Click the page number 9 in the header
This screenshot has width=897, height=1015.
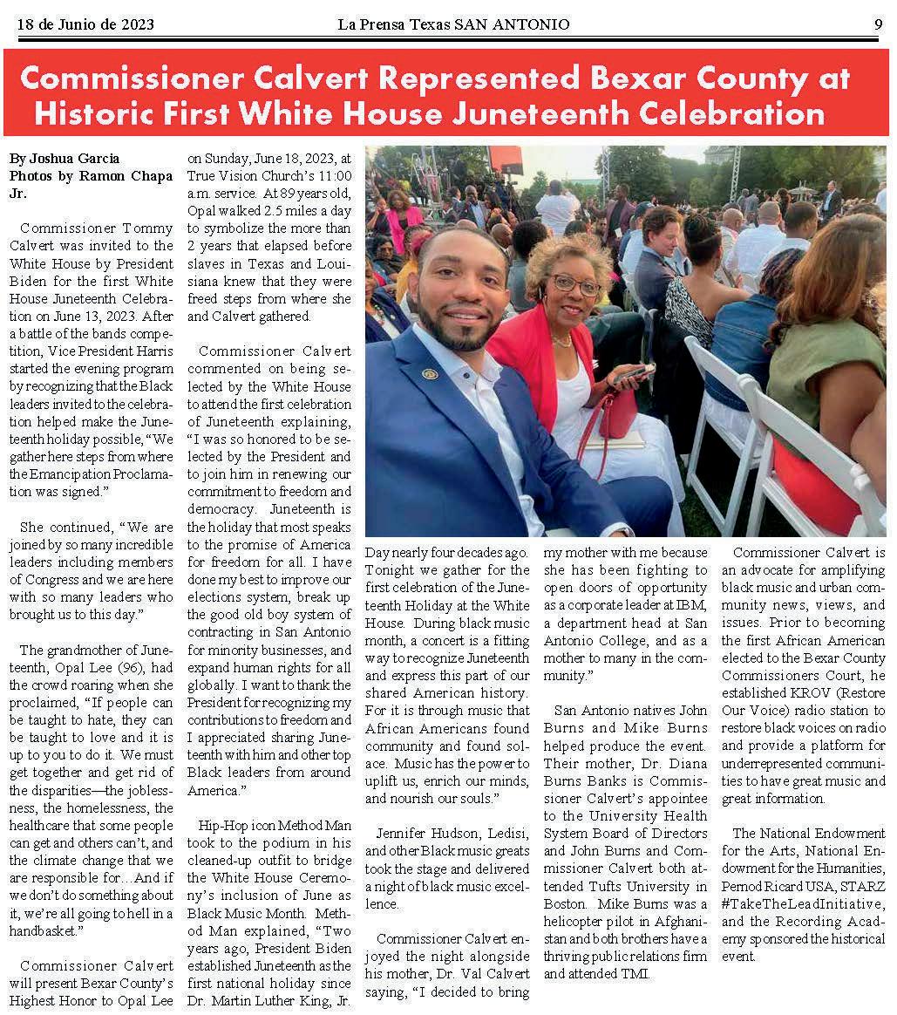tap(878, 24)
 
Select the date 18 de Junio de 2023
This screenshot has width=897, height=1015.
tap(85, 24)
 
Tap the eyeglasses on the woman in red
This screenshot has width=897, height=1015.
tap(574, 283)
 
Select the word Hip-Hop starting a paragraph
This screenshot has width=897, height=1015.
tap(223, 825)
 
